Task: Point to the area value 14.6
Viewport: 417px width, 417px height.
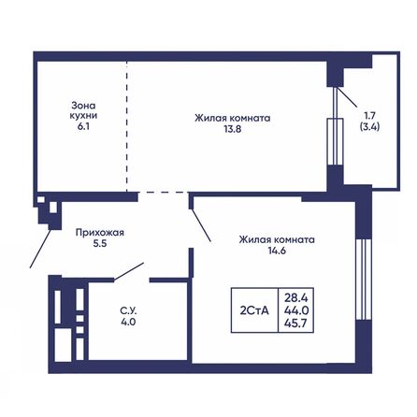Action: click(276, 253)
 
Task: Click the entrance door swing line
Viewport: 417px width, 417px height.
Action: click(39, 247)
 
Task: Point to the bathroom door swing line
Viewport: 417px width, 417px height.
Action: click(128, 272)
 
